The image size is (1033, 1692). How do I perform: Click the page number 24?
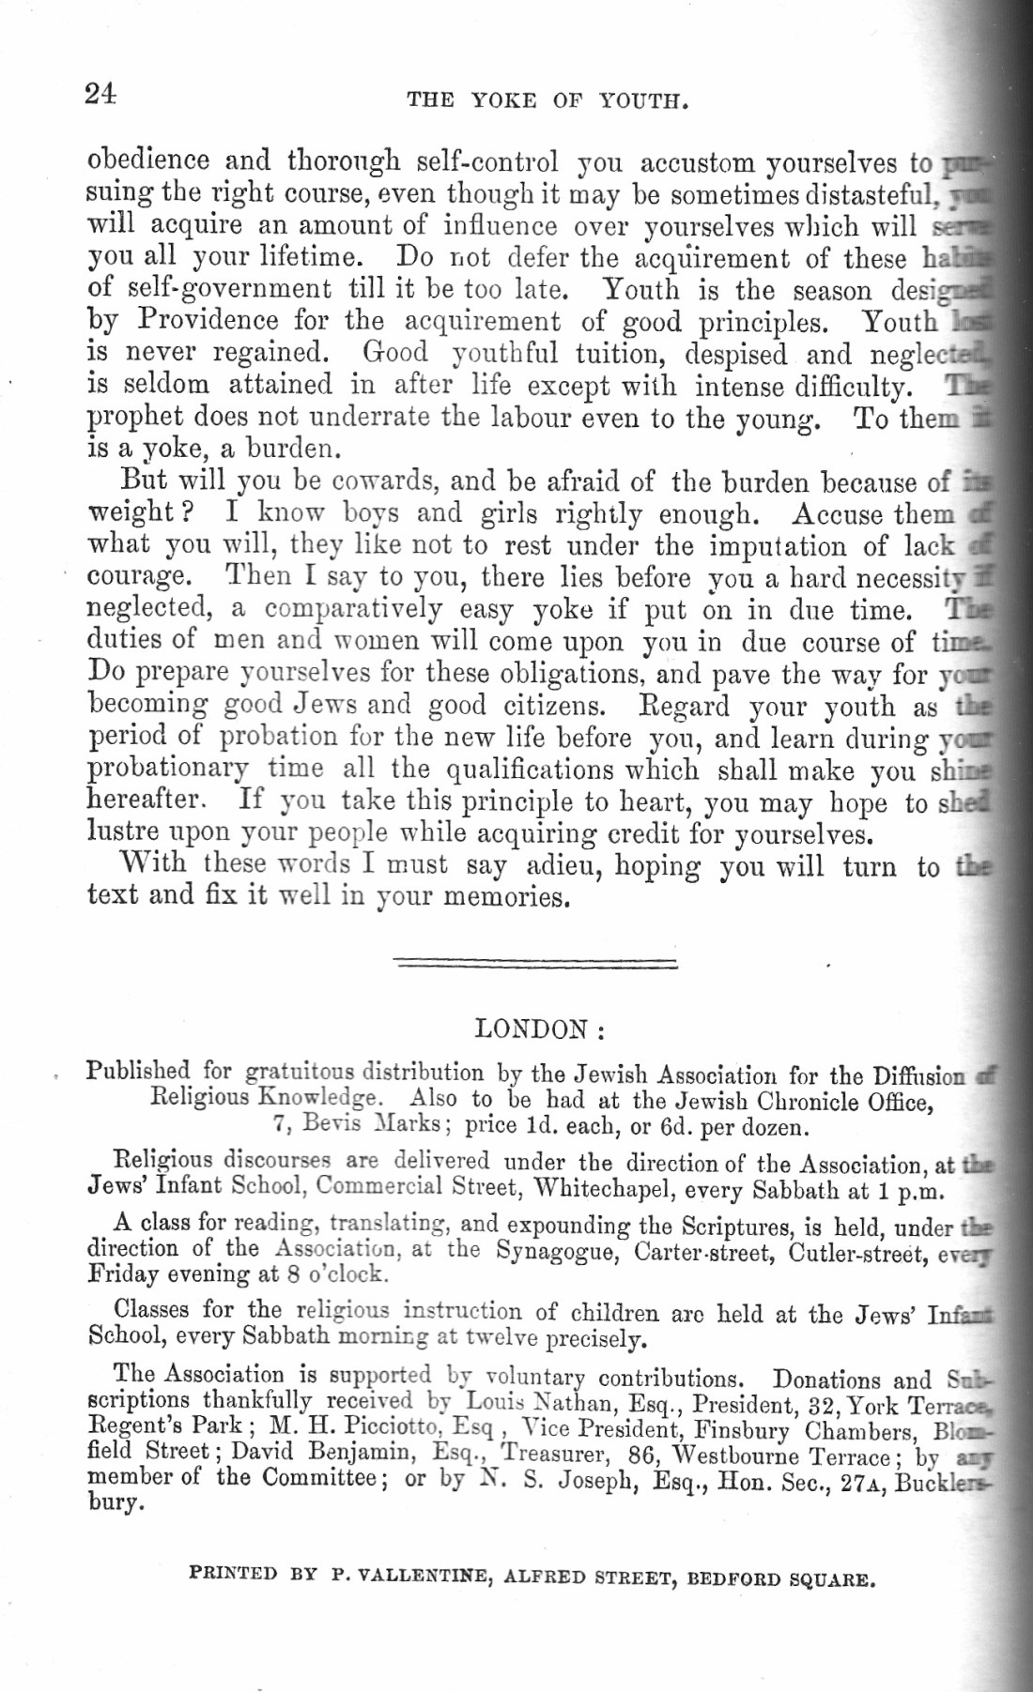(x=100, y=94)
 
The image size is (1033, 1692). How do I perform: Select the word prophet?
(x=131, y=418)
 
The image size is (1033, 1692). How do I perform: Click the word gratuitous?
(x=299, y=1072)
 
